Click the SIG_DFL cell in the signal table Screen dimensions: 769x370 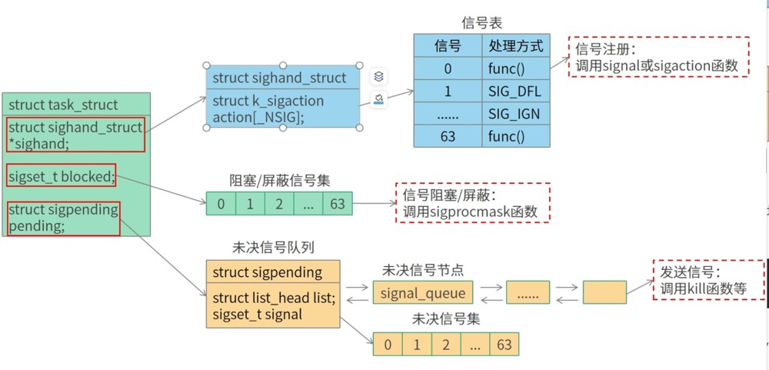point(516,91)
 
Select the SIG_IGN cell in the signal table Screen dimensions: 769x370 point(516,113)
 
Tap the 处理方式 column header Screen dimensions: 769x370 point(516,45)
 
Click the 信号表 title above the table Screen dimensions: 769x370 point(482,22)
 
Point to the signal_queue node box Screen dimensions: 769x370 point(423,293)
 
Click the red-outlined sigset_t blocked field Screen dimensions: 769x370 point(62,175)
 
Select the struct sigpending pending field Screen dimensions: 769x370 point(64,218)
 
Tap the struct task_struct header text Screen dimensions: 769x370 point(63,105)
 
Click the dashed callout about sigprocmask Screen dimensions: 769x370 point(473,202)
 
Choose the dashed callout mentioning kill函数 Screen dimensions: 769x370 point(709,280)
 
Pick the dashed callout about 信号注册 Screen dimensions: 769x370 point(659,56)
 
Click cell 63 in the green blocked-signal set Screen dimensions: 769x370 point(338,203)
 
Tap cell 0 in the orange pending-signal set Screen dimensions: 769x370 point(388,344)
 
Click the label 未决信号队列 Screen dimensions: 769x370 point(273,248)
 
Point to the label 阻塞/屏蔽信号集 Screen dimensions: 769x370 point(280,180)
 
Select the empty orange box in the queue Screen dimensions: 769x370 point(604,292)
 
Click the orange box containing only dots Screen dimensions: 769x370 point(528,292)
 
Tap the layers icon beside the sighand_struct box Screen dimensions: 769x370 point(378,77)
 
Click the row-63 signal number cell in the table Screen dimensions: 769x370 point(448,136)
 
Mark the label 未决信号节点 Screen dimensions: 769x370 point(423,269)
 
